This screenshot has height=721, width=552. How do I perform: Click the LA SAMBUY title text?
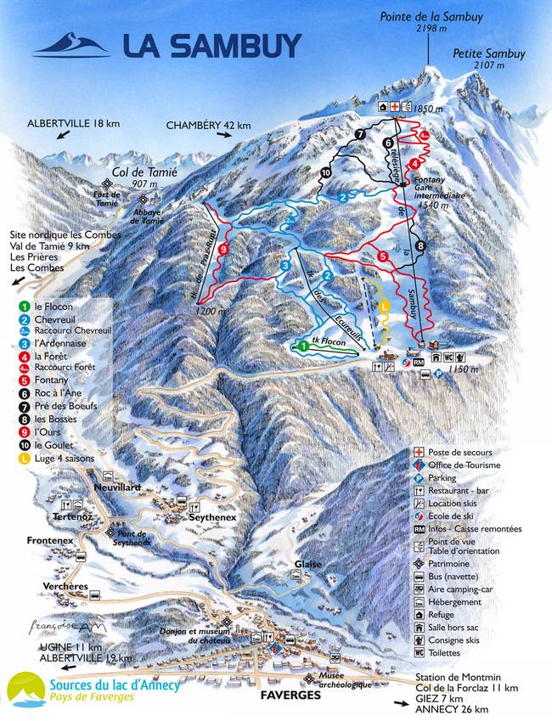(211, 45)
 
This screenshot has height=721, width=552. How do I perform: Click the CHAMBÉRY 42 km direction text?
(209, 126)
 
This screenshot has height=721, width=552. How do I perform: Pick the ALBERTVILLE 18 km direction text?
(73, 123)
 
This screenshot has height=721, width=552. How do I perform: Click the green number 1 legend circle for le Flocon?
(26, 306)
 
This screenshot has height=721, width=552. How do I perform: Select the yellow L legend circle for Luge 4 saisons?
(26, 459)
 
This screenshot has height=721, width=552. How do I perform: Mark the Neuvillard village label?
(116, 487)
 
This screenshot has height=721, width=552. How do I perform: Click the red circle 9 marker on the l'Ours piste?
(222, 249)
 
